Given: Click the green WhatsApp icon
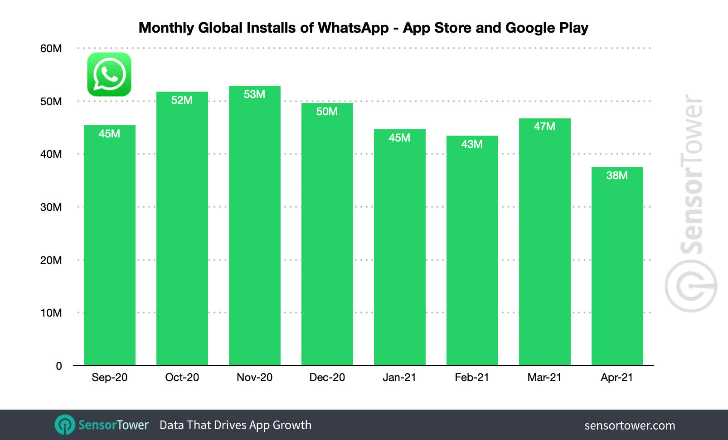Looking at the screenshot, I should (109, 74).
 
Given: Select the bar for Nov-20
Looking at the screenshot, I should (254, 227).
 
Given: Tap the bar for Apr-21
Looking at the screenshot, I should (617, 268).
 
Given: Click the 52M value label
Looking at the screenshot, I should (182, 100).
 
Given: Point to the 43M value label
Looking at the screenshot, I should (472, 144).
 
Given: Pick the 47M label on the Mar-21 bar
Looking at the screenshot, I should (544, 127).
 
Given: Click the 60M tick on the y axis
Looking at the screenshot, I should (51, 49).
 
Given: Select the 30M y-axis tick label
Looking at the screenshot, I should (51, 207).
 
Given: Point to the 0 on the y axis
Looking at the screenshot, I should (59, 366).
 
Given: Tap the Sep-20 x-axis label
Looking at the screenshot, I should (109, 377).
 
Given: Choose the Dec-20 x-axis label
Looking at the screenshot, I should (327, 377).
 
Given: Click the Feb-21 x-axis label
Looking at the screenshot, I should (472, 377).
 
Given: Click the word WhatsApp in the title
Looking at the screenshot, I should (353, 28).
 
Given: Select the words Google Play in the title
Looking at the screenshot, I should (547, 28).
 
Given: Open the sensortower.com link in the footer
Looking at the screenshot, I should (630, 425).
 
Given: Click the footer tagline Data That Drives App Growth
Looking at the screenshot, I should (235, 425).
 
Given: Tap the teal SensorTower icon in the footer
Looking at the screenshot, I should (65, 425).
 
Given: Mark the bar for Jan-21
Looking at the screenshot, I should (399, 249).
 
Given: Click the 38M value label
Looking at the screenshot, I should (617, 176).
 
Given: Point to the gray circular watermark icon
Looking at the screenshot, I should (691, 286).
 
